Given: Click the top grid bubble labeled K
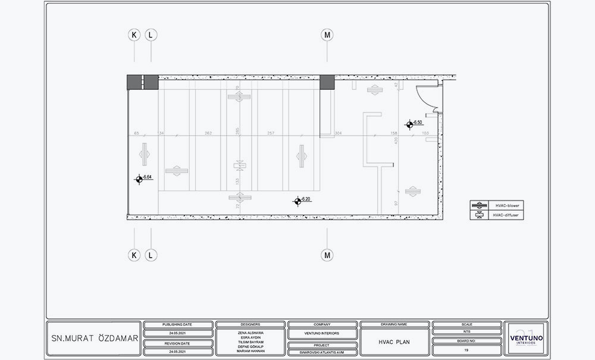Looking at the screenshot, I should click(x=134, y=35).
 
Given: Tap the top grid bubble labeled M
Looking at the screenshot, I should click(x=327, y=35).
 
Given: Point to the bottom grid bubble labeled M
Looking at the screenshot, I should click(x=327, y=255).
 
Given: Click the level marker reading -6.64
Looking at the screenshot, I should click(x=139, y=178).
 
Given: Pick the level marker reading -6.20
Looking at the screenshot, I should click(x=297, y=201).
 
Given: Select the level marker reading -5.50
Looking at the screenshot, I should click(x=410, y=124).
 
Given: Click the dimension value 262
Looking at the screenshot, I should click(x=208, y=133).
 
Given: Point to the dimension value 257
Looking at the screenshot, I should click(x=271, y=133).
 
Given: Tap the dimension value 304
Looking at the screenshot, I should click(x=338, y=133).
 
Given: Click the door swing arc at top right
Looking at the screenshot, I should click(x=426, y=98).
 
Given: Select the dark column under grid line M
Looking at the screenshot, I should click(x=327, y=83).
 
